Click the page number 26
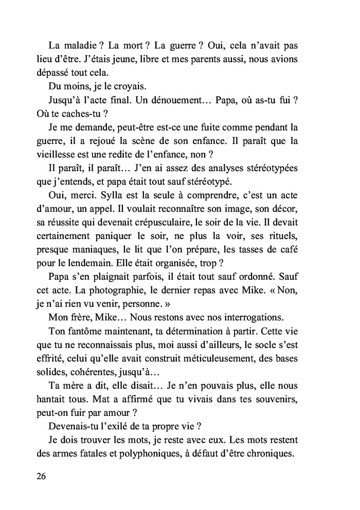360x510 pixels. tap(42, 476)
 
